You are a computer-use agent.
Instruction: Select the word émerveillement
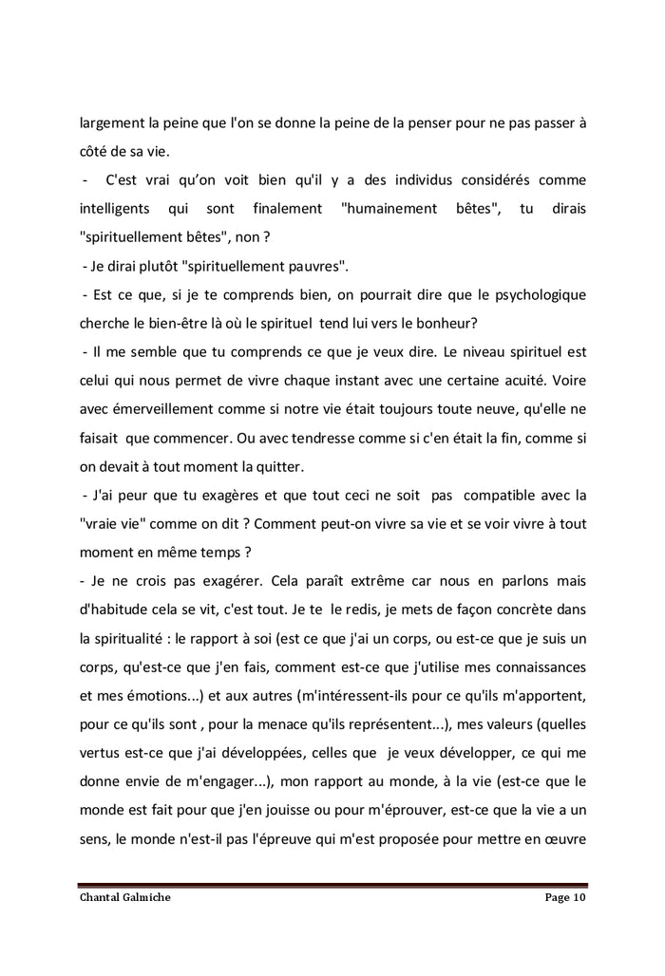pyautogui.click(x=162, y=409)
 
